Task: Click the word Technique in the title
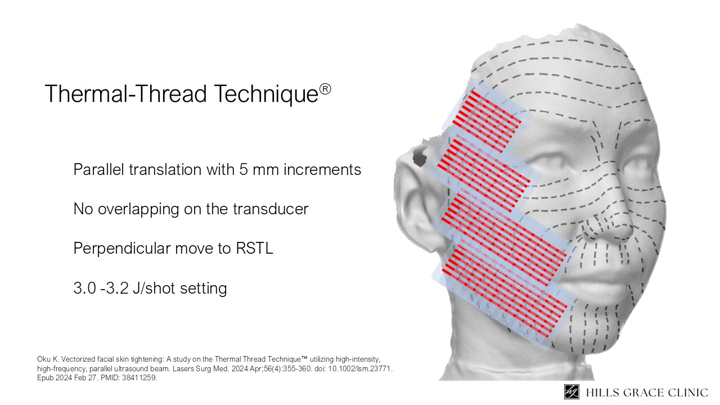coord(266,93)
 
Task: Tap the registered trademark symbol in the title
coord(325,89)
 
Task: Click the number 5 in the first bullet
coord(243,169)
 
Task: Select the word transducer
coord(271,209)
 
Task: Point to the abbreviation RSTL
coord(254,248)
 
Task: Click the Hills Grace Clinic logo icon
coord(571,392)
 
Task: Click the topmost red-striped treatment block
coord(487,121)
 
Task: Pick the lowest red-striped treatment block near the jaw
coord(505,293)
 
